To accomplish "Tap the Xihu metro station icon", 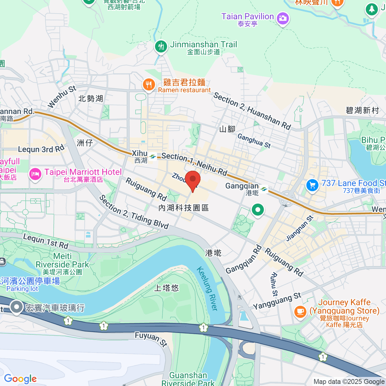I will [152, 157].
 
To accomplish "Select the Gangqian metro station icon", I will [264, 189].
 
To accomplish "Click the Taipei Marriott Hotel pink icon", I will [35, 174].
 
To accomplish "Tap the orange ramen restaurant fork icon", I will [148, 85].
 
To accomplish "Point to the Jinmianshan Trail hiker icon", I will [161, 47].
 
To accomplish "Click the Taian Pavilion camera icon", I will [283, 18].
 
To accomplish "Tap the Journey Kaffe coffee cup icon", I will [300, 311].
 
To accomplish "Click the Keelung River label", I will [207, 289].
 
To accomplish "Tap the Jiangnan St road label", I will [299, 228].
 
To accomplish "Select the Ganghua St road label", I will [254, 141].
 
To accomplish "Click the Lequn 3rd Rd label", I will [41, 149].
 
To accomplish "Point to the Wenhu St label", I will [62, 97].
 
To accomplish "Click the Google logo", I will [20, 379].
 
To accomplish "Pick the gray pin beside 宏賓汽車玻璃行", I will [16, 307].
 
